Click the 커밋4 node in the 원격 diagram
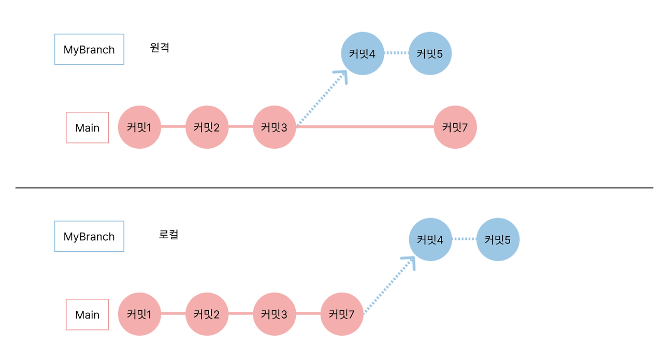pyautogui.click(x=363, y=53)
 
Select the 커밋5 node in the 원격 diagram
pyautogui.click(x=430, y=53)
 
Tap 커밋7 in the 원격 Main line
pyautogui.click(x=455, y=127)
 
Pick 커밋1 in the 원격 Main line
pyautogui.click(x=140, y=127)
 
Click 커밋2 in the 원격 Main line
pyautogui.click(x=207, y=127)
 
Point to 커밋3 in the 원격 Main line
pyautogui.click(x=275, y=127)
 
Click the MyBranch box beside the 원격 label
pyautogui.click(x=89, y=50)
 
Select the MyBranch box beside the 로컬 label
pyautogui.click(x=89, y=237)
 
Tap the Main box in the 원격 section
pyautogui.click(x=88, y=127)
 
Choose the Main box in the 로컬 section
pyautogui.click(x=88, y=314)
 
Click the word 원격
pyautogui.click(x=159, y=48)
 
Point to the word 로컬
pyautogui.click(x=168, y=235)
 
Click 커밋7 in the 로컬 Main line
pyautogui.click(x=342, y=314)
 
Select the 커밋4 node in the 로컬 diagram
pyautogui.click(x=430, y=240)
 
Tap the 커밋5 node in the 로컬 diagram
pyautogui.click(x=498, y=240)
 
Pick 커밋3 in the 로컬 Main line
pyautogui.click(x=275, y=314)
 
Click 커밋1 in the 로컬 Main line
pyautogui.click(x=140, y=314)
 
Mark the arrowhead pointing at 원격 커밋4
pyautogui.click(x=342, y=76)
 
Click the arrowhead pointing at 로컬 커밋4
pyautogui.click(x=410, y=261)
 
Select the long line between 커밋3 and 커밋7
pyautogui.click(x=365, y=126)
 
